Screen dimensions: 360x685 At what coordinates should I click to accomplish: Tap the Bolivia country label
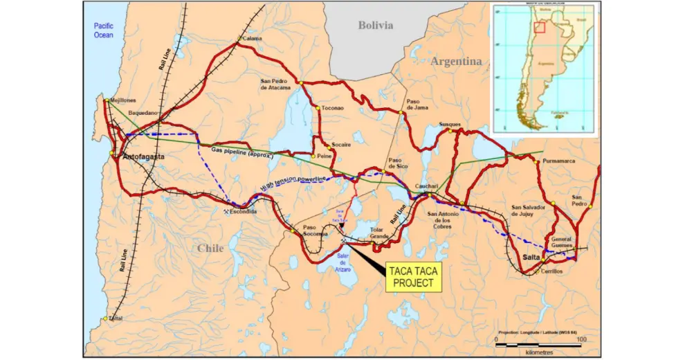[x=376, y=25]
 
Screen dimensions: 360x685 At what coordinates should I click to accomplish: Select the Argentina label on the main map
[x=456, y=61]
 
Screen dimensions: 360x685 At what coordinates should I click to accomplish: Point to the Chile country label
[x=210, y=247]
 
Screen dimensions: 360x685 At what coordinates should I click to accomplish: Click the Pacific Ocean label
[x=103, y=30]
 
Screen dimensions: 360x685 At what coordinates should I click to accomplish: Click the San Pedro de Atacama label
[x=278, y=84]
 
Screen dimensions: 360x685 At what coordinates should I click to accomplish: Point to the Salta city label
[x=532, y=257]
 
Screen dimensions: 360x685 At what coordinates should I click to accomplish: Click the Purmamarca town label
[x=559, y=161]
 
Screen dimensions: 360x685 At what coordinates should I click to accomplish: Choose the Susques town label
[x=449, y=125]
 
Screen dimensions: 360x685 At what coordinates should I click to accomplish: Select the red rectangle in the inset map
[x=541, y=28]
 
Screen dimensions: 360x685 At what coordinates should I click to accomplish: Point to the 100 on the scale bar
[x=581, y=339]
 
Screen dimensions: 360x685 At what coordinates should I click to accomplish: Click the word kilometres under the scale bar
[x=538, y=352]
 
